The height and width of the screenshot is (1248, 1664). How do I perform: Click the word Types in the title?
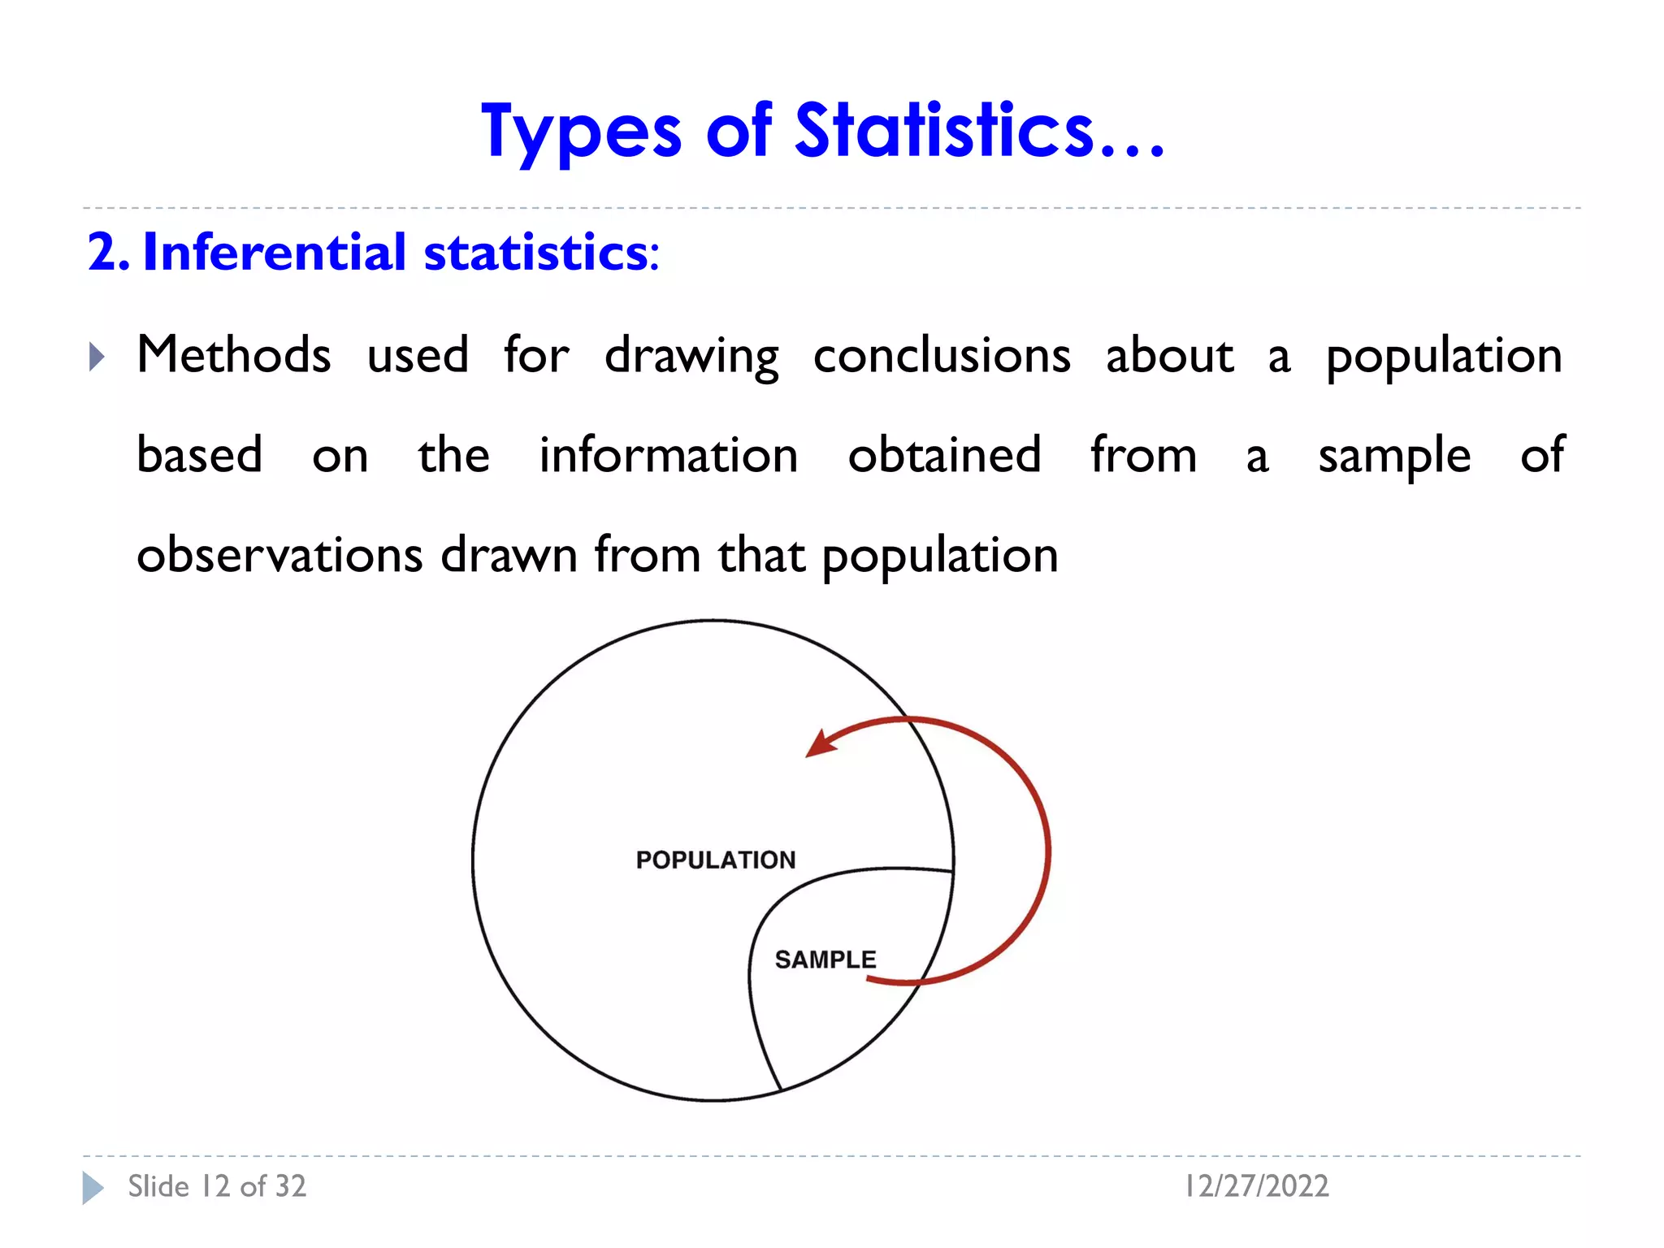[581, 132]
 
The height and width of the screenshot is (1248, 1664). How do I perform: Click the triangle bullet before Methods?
[97, 356]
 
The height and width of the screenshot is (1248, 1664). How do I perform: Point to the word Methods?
[234, 355]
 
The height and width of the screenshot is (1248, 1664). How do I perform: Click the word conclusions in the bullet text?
[942, 356]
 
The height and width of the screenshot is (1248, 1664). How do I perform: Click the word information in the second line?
[669, 455]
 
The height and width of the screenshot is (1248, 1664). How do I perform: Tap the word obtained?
[944, 455]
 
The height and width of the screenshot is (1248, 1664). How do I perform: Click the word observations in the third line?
[279, 555]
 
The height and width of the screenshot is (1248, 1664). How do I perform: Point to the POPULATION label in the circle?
[716, 860]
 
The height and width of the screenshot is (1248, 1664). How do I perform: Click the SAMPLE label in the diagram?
[825, 960]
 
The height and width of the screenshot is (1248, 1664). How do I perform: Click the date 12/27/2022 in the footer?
[1256, 1186]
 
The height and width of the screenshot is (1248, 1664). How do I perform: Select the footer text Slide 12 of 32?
[217, 1186]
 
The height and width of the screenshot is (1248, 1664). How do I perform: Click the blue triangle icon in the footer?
[93, 1188]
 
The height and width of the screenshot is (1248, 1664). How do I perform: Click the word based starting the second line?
[200, 455]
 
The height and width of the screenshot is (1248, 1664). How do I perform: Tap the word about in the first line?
[1170, 356]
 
